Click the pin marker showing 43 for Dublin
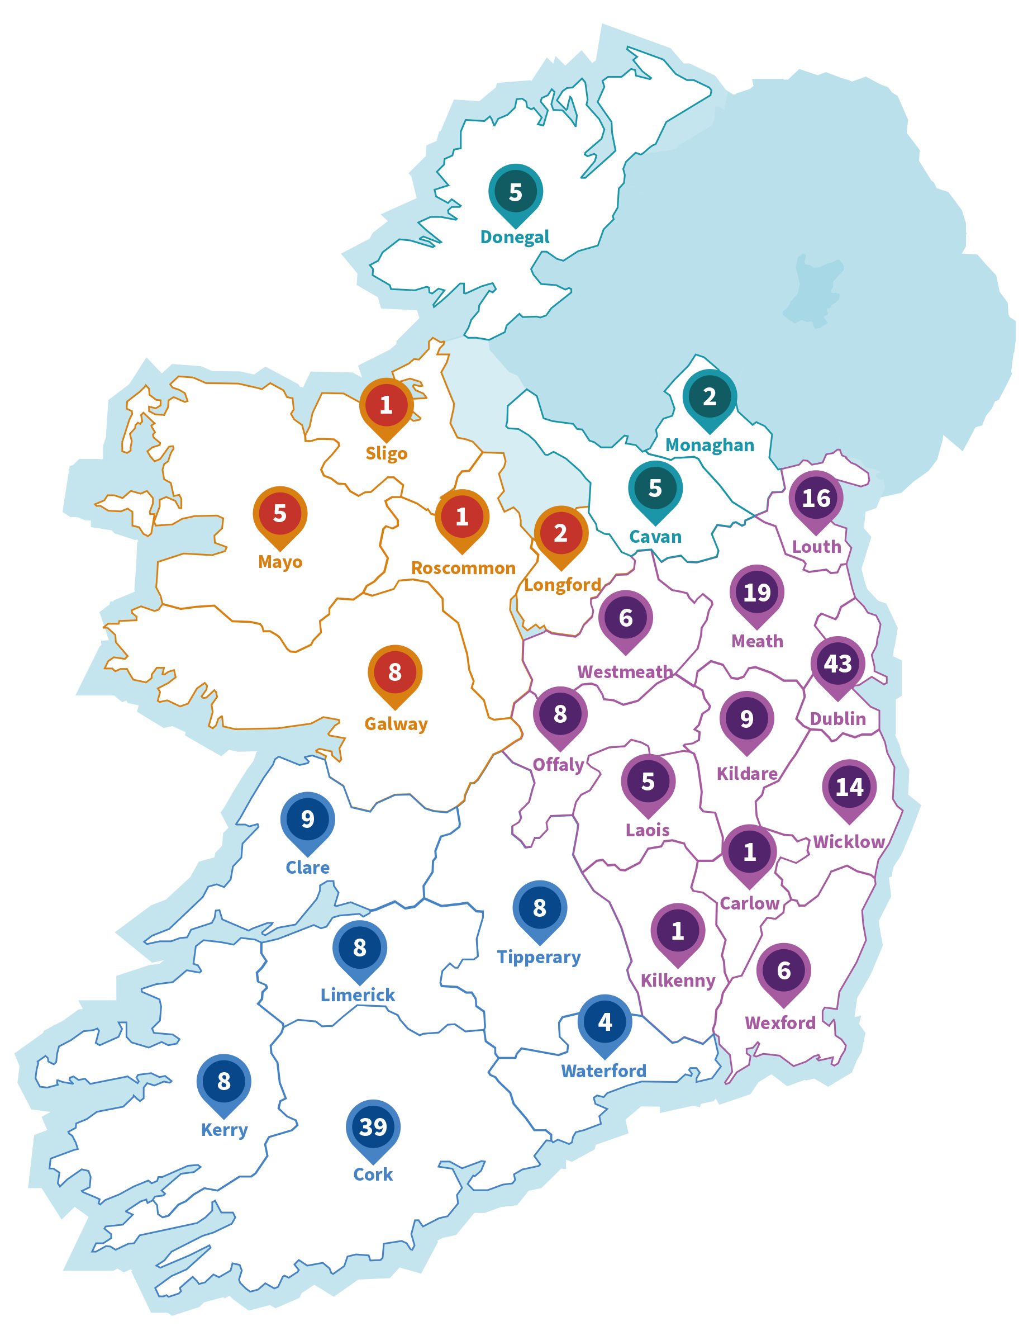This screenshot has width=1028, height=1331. coord(837,664)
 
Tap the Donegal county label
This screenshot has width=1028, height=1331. coord(515,237)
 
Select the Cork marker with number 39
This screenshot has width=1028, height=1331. coord(373,1127)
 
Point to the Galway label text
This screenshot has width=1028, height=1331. coord(396,724)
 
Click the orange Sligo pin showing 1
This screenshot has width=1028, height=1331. coord(386,405)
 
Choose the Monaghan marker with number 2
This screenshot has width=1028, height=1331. coord(710,397)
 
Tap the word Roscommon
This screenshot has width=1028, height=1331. coord(463,568)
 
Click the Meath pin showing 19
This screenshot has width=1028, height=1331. coord(756,593)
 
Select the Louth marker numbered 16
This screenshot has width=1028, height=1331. coord(816,499)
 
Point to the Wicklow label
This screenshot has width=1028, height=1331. coord(848,842)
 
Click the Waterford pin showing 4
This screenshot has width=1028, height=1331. coord(604,1022)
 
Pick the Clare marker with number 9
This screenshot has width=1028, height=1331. coord(307,820)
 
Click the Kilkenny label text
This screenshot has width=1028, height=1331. coord(677,981)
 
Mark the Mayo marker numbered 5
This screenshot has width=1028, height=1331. coord(279,514)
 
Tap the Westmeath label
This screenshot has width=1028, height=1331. coord(625,671)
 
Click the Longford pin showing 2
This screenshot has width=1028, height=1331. coord(561,534)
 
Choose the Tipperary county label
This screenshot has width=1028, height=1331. coord(539,958)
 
